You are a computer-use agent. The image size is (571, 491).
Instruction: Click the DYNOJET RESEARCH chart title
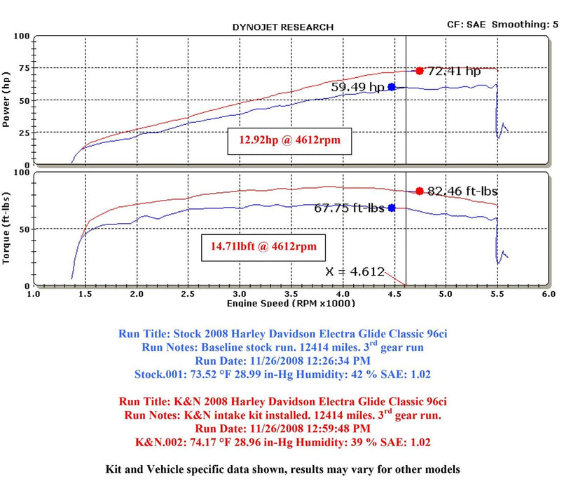click(282, 27)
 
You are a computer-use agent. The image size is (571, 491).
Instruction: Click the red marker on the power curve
click(419, 71)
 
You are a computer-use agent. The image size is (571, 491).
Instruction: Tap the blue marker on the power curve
click(392, 87)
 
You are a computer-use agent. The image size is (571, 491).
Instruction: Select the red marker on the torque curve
click(419, 191)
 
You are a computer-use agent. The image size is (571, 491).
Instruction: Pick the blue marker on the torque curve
click(392, 208)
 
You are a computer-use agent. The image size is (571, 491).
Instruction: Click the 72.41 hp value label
click(454, 71)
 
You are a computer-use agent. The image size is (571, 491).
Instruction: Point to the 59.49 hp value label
click(358, 88)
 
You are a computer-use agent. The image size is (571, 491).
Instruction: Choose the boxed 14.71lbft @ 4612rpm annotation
click(264, 247)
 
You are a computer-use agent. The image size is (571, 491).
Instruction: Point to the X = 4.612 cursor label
click(355, 272)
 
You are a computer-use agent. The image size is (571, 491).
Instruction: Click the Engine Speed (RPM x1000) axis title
click(291, 303)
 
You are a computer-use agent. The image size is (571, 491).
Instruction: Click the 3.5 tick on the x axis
click(291, 295)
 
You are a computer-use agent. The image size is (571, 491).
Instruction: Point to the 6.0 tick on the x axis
click(549, 295)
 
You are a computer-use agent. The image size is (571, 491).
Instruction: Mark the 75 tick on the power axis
click(24, 68)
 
